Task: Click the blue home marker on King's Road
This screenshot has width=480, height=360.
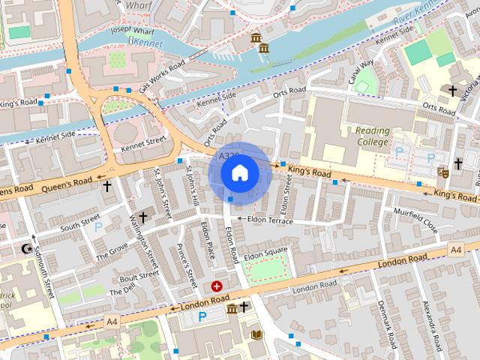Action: (x=239, y=173)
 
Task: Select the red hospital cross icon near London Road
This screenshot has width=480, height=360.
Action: (x=217, y=286)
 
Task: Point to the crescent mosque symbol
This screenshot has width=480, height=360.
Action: (x=28, y=248)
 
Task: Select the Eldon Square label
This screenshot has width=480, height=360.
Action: (x=265, y=250)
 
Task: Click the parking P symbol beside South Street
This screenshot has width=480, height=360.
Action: (x=98, y=226)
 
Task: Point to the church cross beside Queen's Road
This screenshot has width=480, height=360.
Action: (x=106, y=185)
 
